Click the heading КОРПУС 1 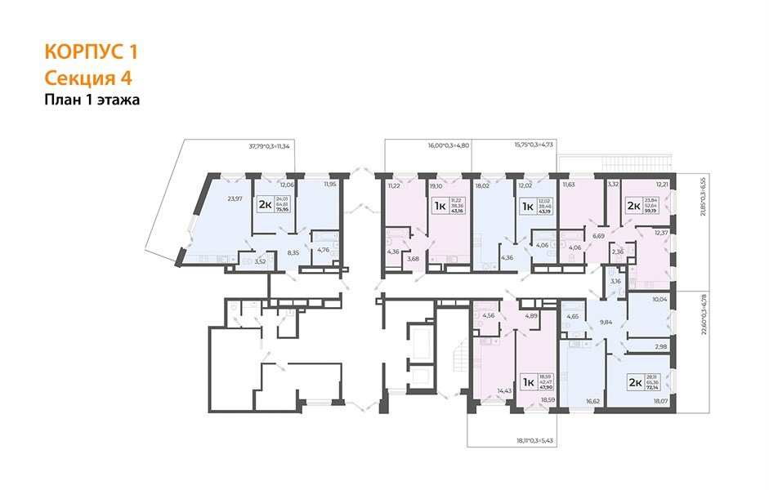point(91,52)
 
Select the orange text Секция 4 point(88,78)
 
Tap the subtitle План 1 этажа point(92,100)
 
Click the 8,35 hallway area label point(294,254)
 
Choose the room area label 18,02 point(481,185)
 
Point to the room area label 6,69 point(598,236)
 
